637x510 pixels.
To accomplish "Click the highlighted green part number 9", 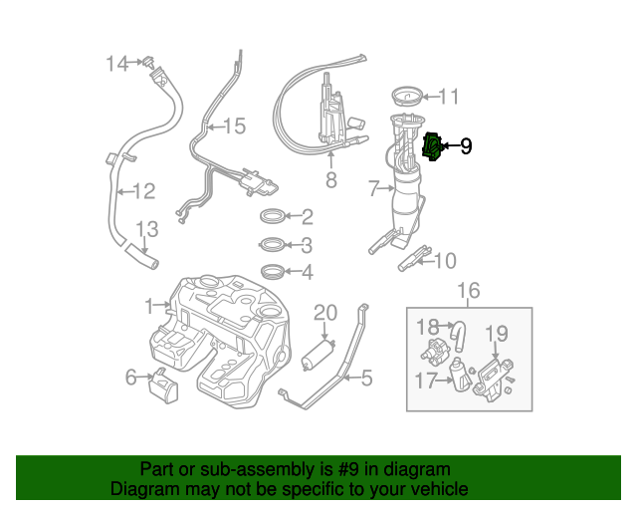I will point(433,147).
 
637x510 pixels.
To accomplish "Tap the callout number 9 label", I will point(465,147).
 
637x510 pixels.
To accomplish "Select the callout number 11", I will point(449,97).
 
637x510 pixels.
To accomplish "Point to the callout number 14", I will point(117,64).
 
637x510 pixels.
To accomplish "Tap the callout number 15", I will point(233,127).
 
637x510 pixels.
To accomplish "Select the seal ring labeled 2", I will point(273,216).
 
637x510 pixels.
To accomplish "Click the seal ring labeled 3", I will point(272,244).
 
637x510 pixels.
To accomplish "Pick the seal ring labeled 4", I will point(272,271).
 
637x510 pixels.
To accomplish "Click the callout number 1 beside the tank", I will point(149,305).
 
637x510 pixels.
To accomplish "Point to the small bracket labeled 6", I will point(163,384).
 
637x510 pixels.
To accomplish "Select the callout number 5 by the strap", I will point(366,378).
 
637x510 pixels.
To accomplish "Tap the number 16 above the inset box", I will point(468,290).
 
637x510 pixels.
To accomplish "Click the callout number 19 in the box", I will point(496,334).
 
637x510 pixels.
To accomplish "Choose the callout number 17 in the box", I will point(426,379).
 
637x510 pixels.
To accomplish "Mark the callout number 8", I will point(330,180).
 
